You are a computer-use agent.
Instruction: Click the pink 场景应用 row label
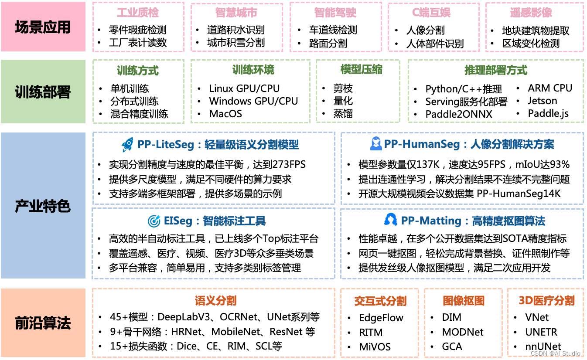point(43,27)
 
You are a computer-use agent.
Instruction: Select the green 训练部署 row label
point(43,92)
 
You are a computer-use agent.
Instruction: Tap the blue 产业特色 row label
point(43,206)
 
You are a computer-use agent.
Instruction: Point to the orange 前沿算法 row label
point(43,323)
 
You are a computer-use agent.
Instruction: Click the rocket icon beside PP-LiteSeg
point(128,144)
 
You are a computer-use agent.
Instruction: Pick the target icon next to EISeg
point(154,221)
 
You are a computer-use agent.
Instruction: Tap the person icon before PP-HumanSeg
point(376,144)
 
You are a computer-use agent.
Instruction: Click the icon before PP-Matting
point(390,220)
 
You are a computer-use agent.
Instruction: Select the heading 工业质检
point(138,13)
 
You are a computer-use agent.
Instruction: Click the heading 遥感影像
point(531,13)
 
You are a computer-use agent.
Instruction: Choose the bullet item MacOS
point(225,114)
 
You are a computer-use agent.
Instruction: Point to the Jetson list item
point(542,101)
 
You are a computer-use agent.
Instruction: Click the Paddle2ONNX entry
point(459,114)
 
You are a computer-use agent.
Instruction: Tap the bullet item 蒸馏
point(343,114)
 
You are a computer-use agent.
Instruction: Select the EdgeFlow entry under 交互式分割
point(381,318)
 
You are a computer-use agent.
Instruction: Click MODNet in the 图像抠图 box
point(463,332)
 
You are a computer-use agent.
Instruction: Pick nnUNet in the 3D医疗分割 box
point(543,347)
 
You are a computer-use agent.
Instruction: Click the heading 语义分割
point(215,300)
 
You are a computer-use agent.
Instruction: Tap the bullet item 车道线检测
point(333,30)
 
